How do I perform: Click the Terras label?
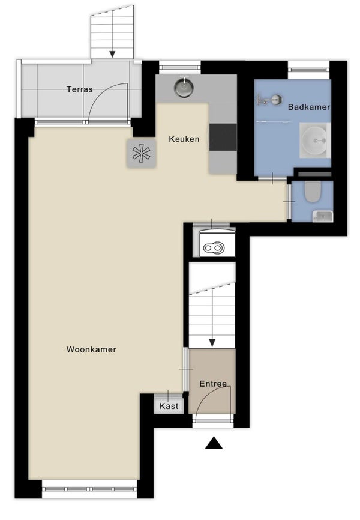80,89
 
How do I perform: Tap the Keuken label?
184,139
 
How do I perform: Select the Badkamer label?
309,107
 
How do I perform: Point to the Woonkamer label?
91,349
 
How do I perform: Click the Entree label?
213,384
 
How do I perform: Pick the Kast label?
169,406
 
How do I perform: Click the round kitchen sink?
184,87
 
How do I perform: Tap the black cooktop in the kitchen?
223,138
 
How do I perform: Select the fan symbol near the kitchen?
141,153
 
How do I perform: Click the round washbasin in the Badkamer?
315,140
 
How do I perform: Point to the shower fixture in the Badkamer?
269,99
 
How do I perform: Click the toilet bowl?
313,192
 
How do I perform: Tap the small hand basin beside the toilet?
323,216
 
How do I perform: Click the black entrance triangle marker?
214,443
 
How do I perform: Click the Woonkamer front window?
89,489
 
